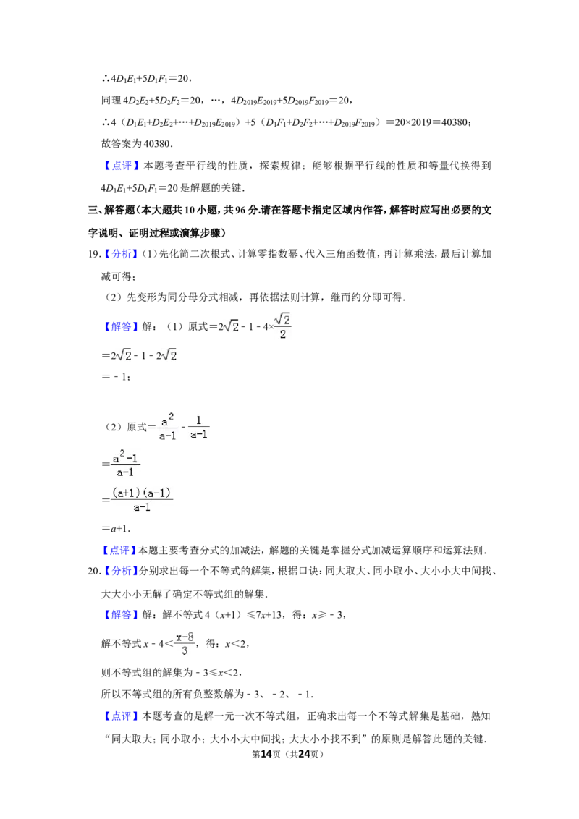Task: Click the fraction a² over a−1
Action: (167, 428)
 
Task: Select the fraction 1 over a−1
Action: (199, 425)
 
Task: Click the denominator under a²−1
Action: (126, 472)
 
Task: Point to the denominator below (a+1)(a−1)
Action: (142, 508)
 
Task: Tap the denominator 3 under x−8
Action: (185, 651)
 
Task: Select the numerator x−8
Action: (185, 634)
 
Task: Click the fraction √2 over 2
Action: (283, 324)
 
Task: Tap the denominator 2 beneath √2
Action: (283, 334)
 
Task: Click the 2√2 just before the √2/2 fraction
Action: (230, 327)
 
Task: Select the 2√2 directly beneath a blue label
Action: (122, 356)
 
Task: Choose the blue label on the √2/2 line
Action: (121, 328)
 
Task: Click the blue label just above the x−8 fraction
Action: (121, 616)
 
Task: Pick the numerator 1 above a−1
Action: (199, 419)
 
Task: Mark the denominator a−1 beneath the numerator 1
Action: (199, 434)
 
